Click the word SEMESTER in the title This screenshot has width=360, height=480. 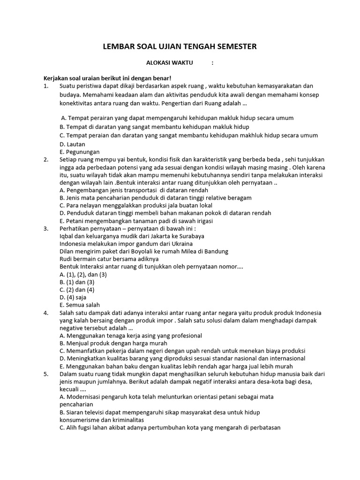(233, 46)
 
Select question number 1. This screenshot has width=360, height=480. (45, 86)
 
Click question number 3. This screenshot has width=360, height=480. (45, 229)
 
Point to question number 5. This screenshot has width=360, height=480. (45, 374)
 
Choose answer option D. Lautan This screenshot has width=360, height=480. (72, 144)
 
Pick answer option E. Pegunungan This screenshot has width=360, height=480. (80, 152)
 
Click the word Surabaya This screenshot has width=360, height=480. (191, 236)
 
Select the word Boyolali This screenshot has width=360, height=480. (127, 251)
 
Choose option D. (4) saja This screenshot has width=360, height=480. (73, 297)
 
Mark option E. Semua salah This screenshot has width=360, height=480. (80, 305)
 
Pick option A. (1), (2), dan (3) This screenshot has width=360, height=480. (83, 274)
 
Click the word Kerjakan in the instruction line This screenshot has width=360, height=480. (57, 78)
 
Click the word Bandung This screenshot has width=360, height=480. (217, 251)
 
